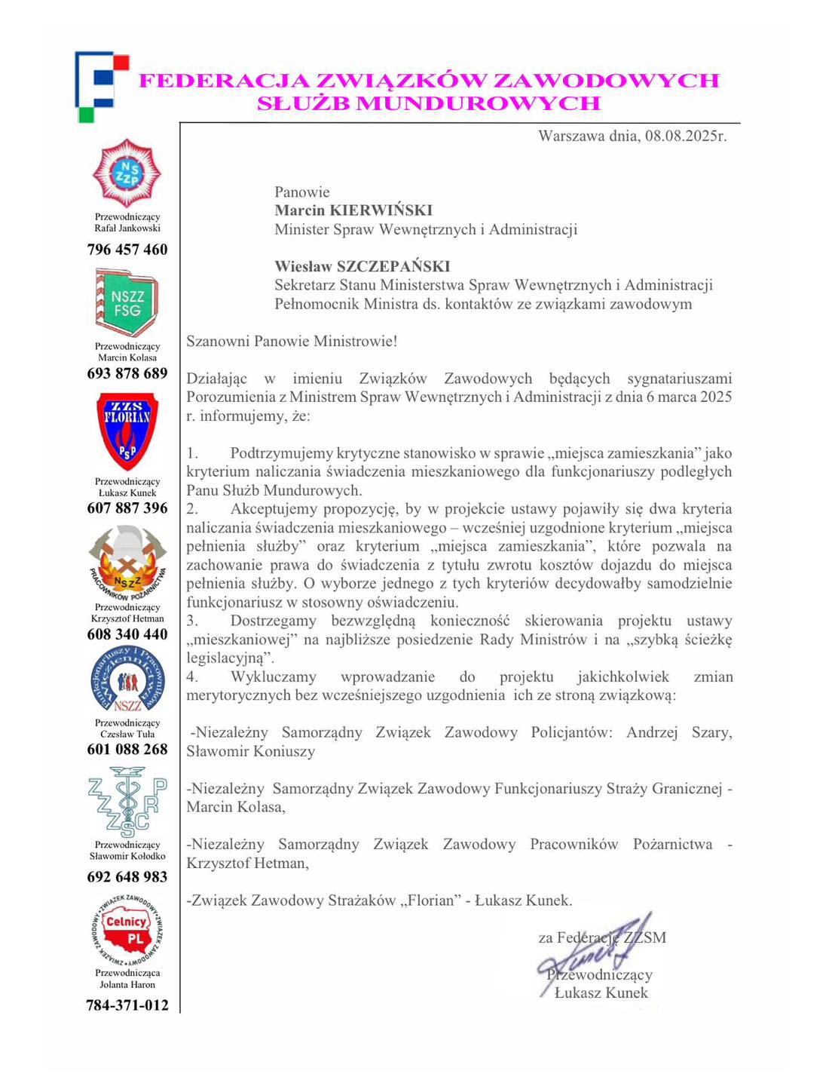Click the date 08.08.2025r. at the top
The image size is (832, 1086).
(685, 137)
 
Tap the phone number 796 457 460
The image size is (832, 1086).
(127, 250)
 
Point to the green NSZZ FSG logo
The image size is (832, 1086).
(127, 303)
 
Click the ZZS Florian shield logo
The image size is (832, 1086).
(127, 431)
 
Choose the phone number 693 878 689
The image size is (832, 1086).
(127, 373)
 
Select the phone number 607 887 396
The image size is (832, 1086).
(127, 508)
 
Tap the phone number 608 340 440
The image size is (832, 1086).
(127, 634)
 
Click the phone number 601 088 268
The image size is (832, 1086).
(127, 750)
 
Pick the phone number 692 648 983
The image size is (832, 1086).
(127, 877)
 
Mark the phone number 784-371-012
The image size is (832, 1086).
(127, 1005)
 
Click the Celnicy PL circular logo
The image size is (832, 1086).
(127, 929)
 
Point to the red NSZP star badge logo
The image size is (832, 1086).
(127, 174)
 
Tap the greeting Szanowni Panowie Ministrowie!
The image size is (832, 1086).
(292, 341)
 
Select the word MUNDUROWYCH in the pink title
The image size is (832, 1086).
(478, 104)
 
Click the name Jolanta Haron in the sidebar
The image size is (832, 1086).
(127, 984)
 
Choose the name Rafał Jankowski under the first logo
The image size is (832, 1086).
(127, 229)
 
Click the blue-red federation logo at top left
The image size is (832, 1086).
(101, 85)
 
